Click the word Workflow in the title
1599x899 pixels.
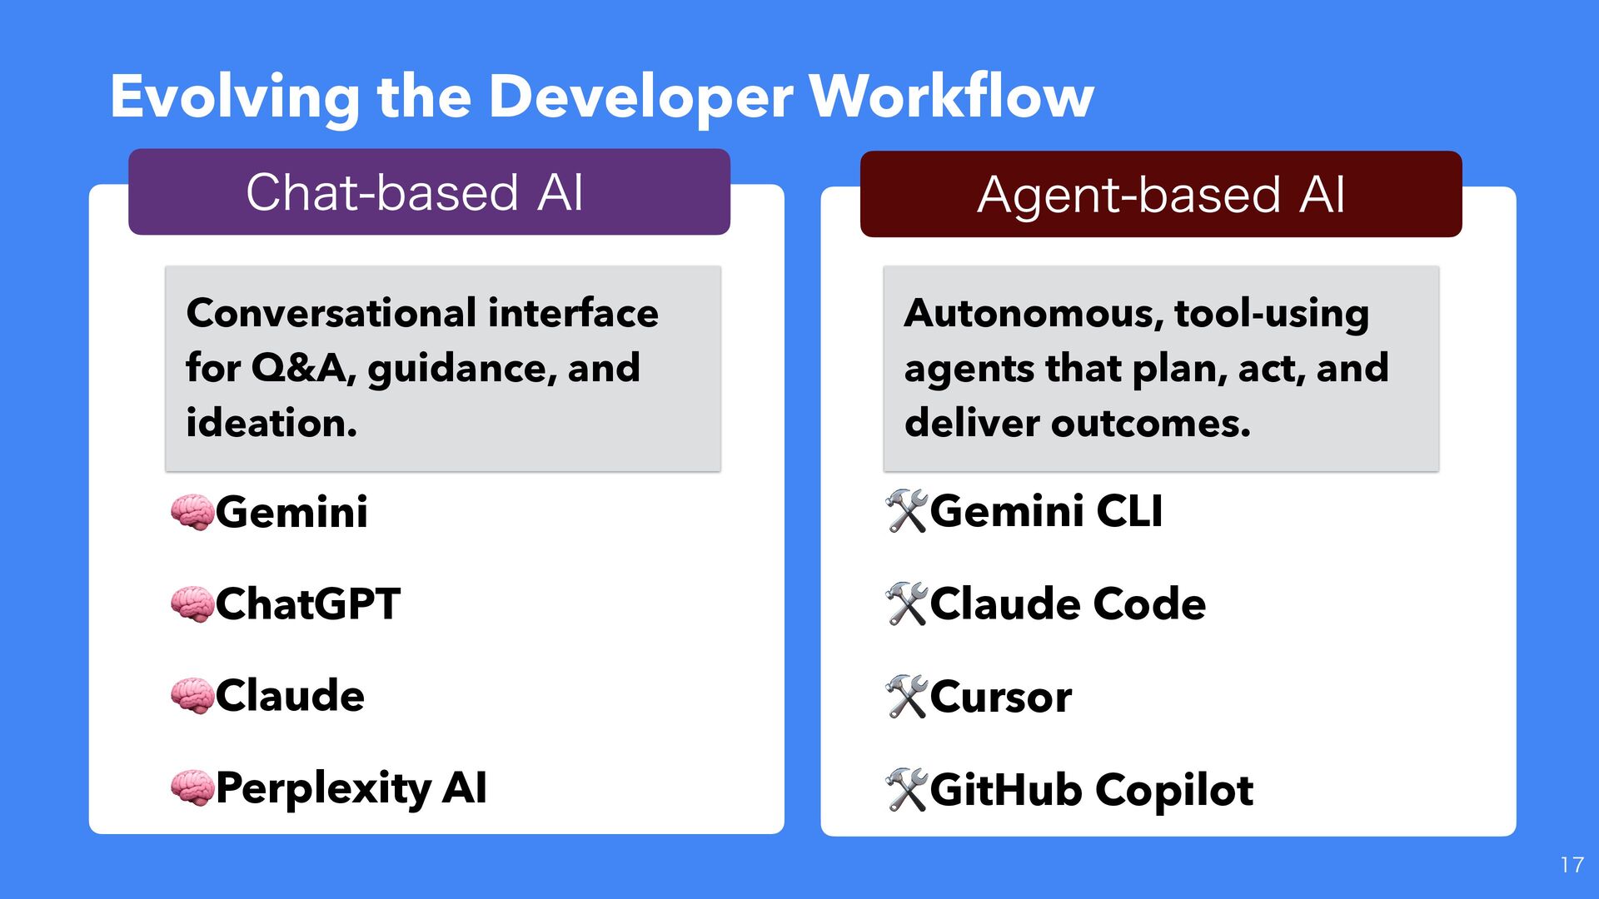pyautogui.click(x=951, y=97)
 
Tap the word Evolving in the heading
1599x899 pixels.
pyautogui.click(x=235, y=98)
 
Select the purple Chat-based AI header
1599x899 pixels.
pyautogui.click(x=429, y=192)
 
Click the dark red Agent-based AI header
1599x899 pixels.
pyautogui.click(x=1161, y=195)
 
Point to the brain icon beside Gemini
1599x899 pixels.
pyautogui.click(x=192, y=512)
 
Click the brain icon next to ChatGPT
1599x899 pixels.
pyautogui.click(x=192, y=604)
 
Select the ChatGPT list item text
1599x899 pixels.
pyautogui.click(x=308, y=604)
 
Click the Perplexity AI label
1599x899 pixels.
pyautogui.click(x=351, y=787)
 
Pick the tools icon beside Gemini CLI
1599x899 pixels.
pyautogui.click(x=906, y=511)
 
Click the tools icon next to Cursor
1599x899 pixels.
pyautogui.click(x=906, y=697)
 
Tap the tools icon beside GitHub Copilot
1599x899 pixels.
pyautogui.click(x=906, y=790)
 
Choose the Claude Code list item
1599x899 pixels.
pyautogui.click(x=1068, y=604)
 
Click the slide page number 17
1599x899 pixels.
pyautogui.click(x=1572, y=866)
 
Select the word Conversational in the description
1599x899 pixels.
pyautogui.click(x=331, y=314)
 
